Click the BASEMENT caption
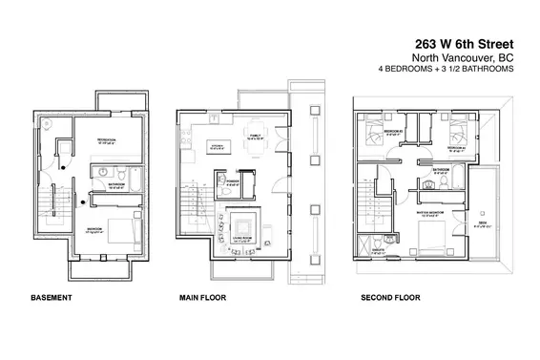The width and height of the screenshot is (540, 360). point(51,298)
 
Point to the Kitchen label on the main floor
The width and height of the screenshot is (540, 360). point(217,146)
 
